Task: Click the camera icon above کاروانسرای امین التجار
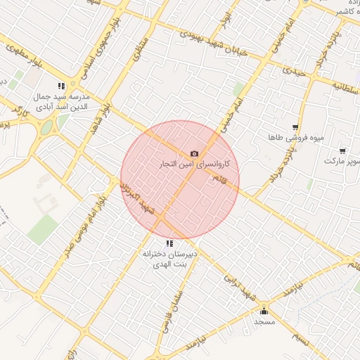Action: (194, 153)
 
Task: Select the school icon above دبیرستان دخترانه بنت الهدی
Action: (169, 243)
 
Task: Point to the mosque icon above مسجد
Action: (264, 311)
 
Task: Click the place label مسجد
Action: (264, 321)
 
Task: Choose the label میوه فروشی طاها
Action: (300, 138)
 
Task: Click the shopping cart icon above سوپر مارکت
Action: (342, 150)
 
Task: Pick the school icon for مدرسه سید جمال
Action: (71, 85)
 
